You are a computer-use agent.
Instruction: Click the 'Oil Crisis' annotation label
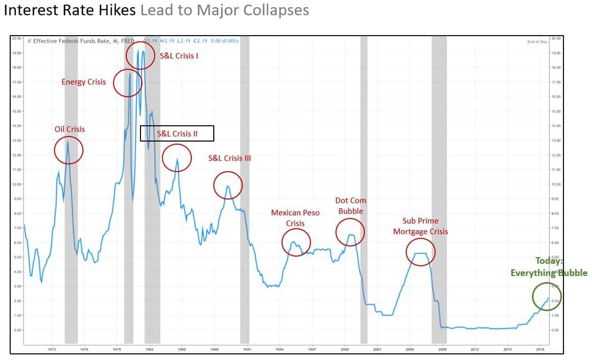tap(70, 129)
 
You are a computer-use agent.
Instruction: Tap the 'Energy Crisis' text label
tap(83, 82)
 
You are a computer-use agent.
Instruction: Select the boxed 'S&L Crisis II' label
tap(177, 133)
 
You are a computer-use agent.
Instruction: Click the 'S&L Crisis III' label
tap(230, 158)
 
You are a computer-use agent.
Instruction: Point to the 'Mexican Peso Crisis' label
tap(295, 218)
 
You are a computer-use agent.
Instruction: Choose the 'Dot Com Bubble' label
tap(350, 206)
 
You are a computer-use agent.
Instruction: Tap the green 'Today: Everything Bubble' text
tap(549, 267)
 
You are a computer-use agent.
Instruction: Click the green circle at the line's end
tap(547, 296)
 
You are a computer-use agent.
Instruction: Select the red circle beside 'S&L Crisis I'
tap(140, 55)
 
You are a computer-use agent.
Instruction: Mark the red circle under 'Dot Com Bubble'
tap(350, 232)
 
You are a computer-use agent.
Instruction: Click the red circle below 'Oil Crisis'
tap(68, 150)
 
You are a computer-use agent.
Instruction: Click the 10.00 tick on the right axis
tap(556, 184)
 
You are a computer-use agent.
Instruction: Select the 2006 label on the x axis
tap(410, 349)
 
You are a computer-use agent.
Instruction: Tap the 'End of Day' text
tap(537, 42)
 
